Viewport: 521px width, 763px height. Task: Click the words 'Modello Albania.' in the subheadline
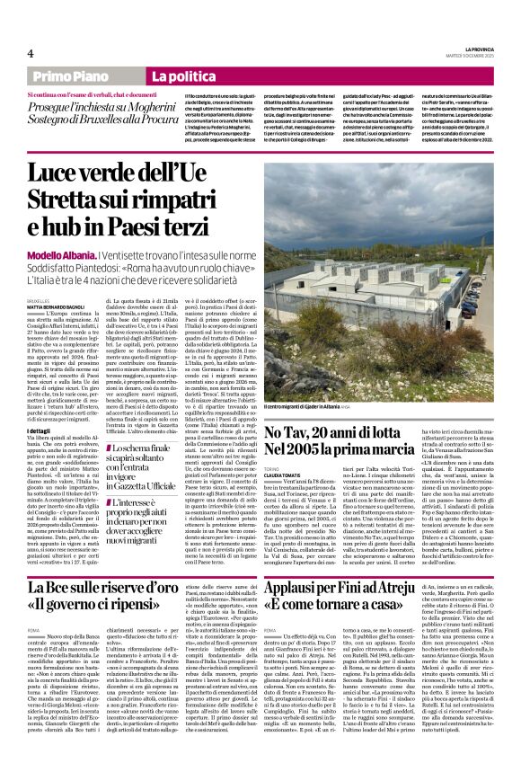57,231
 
